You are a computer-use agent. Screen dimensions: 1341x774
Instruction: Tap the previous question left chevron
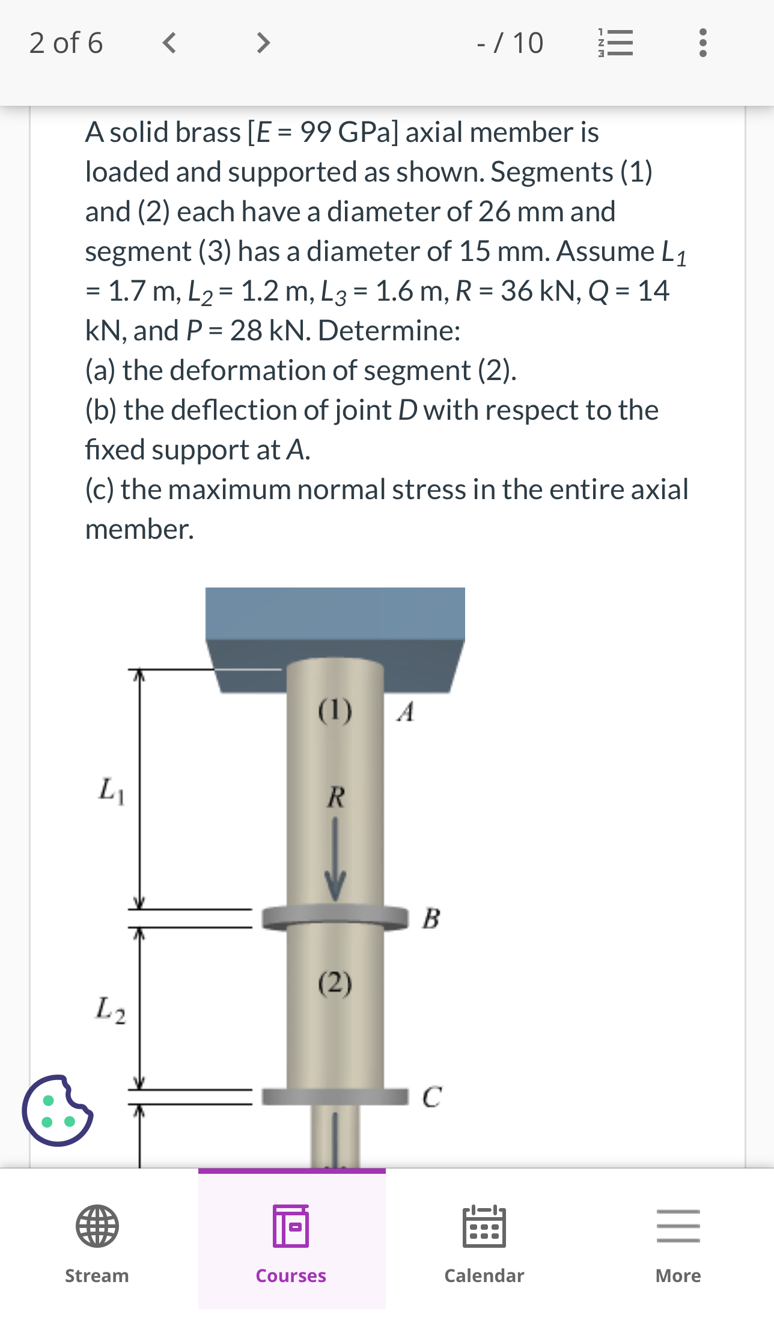(169, 43)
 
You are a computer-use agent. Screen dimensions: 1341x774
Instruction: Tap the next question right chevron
(263, 43)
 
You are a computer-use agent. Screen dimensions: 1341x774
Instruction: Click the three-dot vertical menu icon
(702, 43)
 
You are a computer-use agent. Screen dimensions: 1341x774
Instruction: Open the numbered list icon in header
(615, 43)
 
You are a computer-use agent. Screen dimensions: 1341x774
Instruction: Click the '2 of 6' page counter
(66, 43)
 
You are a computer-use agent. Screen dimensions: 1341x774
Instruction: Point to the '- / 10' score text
(510, 43)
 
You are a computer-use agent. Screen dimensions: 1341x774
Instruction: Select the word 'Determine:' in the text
(389, 331)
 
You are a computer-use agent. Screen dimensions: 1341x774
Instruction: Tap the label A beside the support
(406, 712)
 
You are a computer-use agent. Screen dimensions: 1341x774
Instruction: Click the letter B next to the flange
(431, 919)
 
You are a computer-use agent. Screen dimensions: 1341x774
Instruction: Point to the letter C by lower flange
(431, 1097)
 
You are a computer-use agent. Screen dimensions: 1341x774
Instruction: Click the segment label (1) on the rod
(335, 711)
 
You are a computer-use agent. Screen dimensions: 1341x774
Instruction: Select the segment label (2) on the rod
(335, 984)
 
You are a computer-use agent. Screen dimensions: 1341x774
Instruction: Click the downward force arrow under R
(335, 860)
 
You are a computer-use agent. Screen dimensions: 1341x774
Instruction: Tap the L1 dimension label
(112, 790)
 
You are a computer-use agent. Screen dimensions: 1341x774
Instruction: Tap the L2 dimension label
(111, 1010)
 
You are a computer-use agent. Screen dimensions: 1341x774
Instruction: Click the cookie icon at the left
(57, 1111)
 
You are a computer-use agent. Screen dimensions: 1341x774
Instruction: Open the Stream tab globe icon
(97, 1226)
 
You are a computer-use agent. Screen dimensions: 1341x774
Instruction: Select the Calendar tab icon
(484, 1226)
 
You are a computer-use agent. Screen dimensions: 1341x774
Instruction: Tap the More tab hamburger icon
(678, 1226)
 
